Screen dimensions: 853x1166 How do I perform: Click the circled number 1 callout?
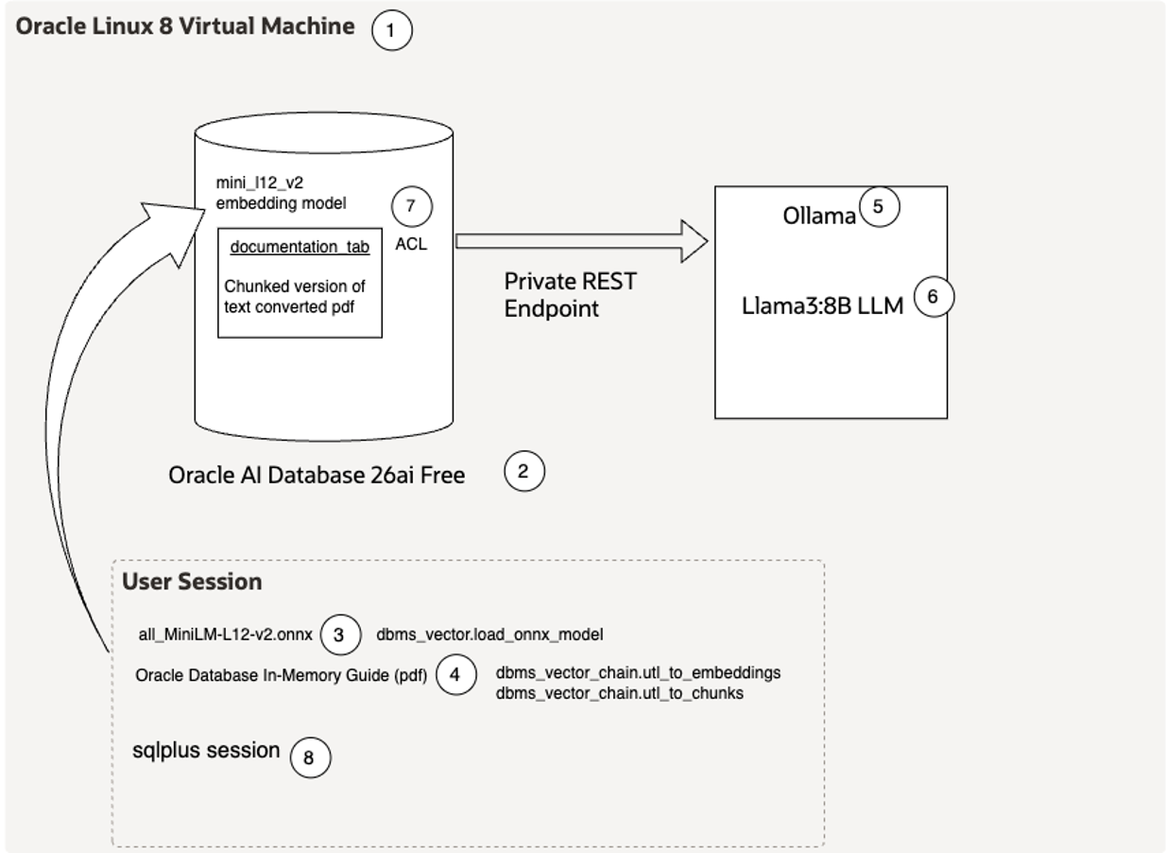[392, 30]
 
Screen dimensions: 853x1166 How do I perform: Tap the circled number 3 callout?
[340, 635]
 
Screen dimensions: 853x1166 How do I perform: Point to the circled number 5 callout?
[879, 207]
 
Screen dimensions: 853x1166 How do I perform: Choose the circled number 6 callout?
[934, 297]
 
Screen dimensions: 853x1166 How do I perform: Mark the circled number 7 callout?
[411, 207]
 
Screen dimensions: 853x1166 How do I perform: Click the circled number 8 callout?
[310, 757]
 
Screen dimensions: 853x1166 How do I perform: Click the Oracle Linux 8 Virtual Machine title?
[185, 26]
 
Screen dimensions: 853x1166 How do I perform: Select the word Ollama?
[818, 217]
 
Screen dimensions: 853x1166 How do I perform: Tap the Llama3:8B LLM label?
[823, 305]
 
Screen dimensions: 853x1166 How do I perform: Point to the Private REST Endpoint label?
[570, 294]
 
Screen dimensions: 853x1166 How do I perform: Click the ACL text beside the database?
[411, 244]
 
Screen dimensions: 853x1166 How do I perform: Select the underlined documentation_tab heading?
[300, 247]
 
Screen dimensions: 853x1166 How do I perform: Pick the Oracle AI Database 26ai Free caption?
[317, 475]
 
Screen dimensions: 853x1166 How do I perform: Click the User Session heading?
[192, 582]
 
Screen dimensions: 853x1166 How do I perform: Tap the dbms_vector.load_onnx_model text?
[489, 635]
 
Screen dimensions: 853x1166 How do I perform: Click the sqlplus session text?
[206, 751]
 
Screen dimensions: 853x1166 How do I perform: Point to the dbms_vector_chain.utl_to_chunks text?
[619, 693]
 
